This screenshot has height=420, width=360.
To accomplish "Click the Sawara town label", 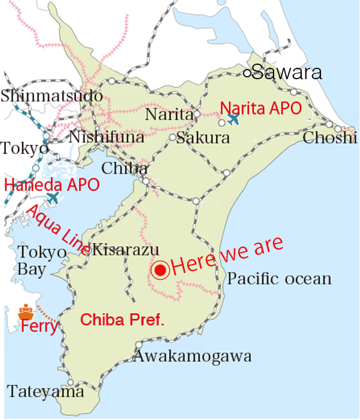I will [x=287, y=73].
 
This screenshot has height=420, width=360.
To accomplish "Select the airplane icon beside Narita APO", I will [x=233, y=119].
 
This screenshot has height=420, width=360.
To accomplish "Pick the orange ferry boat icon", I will [x=26, y=312].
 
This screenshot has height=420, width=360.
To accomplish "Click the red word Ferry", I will [x=40, y=328].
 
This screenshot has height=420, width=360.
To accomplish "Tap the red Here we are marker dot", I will [x=160, y=271].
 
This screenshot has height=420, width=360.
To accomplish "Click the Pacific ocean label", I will [x=280, y=279].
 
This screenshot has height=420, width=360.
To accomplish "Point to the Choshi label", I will [x=329, y=138].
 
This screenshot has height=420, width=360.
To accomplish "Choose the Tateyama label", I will [x=46, y=392].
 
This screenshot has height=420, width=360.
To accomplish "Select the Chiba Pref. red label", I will [x=123, y=320].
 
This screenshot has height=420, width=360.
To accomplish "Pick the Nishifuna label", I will [x=107, y=137].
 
